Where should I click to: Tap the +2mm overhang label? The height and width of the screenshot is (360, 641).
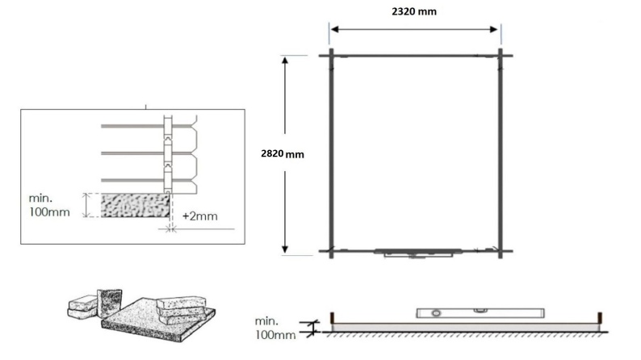(199, 216)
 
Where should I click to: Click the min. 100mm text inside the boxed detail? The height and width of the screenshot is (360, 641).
(51, 205)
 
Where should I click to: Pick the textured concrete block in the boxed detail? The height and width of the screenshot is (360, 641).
(133, 204)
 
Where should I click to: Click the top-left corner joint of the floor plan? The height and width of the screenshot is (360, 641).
(331, 55)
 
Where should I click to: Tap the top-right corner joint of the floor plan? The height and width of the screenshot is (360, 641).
(501, 55)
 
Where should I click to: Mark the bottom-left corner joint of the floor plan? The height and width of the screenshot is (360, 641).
(331, 250)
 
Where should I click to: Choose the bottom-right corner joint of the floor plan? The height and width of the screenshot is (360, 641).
(501, 250)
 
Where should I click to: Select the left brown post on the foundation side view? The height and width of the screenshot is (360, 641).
(332, 317)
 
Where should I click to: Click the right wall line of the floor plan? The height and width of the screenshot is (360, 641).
(501, 153)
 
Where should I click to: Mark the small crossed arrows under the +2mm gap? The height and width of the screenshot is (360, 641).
(170, 229)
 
